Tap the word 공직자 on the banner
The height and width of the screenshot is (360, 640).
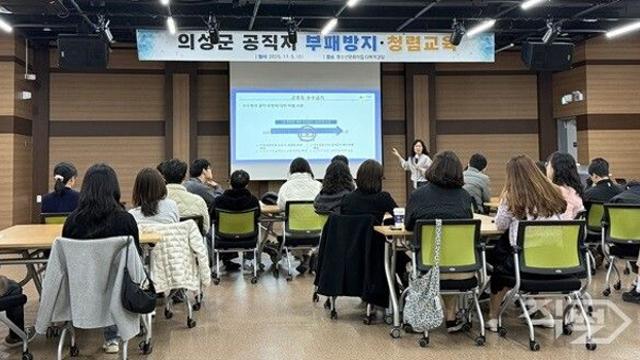click(x=254, y=41)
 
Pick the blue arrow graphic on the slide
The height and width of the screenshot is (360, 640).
click(x=305, y=131)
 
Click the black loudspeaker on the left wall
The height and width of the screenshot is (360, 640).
click(x=82, y=52)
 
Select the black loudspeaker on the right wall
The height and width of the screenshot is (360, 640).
click(x=547, y=55)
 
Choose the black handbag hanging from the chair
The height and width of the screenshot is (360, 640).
click(x=137, y=293)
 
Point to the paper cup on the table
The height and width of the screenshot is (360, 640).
click(x=399, y=217)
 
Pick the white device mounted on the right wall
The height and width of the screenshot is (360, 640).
click(x=572, y=97)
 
